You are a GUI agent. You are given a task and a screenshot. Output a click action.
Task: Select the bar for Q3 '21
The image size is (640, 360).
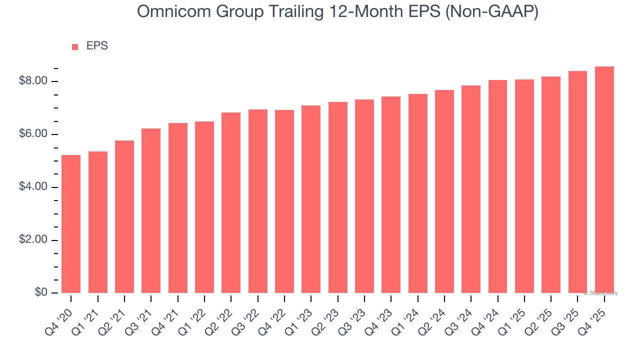[151, 210]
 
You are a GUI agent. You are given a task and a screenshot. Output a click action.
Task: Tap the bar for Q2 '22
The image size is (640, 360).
[231, 202]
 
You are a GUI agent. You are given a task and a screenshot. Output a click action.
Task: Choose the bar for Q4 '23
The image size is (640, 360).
[391, 194]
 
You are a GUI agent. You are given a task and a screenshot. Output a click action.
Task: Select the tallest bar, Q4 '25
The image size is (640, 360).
[604, 179]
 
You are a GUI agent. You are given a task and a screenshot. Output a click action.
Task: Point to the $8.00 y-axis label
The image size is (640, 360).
[33, 81]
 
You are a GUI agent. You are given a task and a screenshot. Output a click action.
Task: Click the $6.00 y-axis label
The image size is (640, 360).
[33, 134]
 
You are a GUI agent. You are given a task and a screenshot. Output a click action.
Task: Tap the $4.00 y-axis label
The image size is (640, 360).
[33, 187]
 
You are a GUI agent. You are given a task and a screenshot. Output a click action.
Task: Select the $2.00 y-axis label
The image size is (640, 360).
[33, 240]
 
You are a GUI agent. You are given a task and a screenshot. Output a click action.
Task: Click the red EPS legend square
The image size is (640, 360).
[75, 47]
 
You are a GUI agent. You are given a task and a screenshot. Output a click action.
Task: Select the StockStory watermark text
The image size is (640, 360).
[600, 293]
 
